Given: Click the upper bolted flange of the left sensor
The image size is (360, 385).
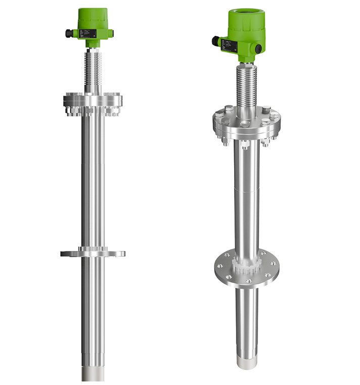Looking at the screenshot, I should (93, 101).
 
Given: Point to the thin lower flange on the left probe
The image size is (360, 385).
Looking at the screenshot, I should (93, 252).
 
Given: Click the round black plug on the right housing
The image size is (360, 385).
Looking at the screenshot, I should (258, 48).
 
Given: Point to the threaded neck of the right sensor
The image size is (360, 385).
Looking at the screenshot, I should (247, 86).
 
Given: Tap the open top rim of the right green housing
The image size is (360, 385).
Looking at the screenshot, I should (247, 13).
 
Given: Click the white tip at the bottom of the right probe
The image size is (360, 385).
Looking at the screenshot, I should (247, 360).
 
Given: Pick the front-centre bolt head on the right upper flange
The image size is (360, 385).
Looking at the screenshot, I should (245, 123).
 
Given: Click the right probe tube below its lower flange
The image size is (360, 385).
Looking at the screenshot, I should (247, 319).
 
